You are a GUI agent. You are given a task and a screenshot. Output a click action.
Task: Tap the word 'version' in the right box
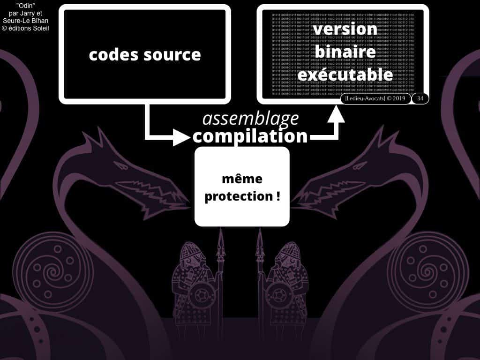345,29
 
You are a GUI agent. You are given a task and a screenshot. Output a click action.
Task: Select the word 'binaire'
345,52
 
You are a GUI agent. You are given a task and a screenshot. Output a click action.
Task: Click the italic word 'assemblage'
250,119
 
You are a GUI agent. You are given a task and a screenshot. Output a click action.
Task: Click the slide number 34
420,98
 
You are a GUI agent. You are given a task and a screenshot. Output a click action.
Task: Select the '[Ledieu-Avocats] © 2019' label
375,98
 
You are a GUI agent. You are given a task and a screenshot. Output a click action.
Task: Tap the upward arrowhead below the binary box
336,114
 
